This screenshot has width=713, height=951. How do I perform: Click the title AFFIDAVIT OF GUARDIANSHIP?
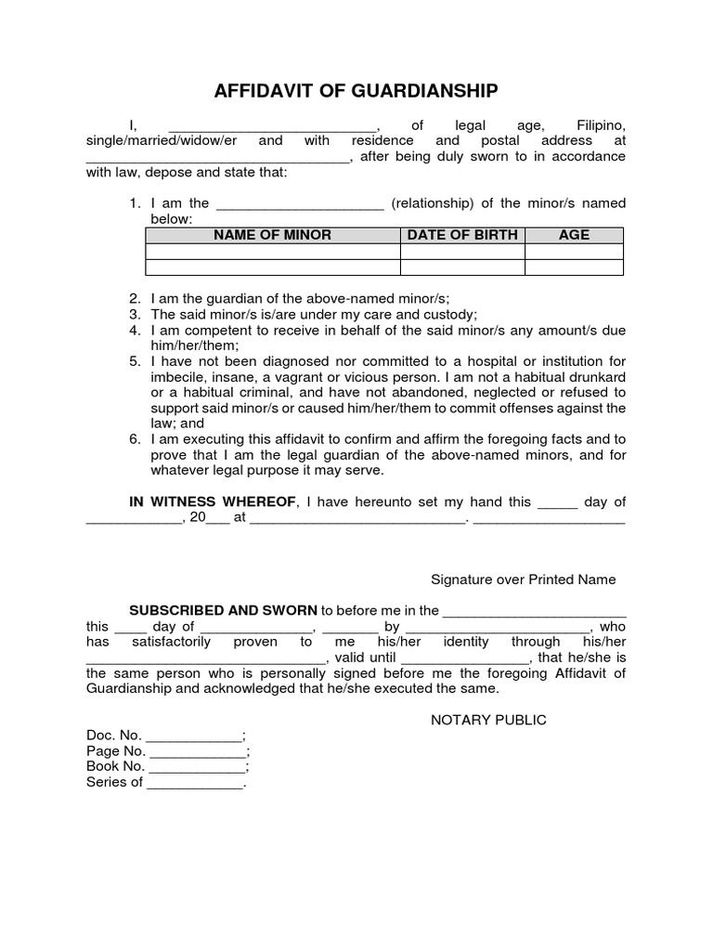click(356, 91)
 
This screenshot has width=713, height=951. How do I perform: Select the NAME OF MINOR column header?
click(272, 235)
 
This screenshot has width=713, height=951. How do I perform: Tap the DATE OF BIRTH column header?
click(462, 235)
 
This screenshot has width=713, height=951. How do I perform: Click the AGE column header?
click(574, 235)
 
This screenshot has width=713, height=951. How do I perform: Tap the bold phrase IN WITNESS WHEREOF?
click(213, 502)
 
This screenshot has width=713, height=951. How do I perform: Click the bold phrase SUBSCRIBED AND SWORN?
click(223, 610)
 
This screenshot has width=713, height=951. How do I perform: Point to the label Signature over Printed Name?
click(523, 580)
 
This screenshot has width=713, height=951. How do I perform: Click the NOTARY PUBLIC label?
click(488, 720)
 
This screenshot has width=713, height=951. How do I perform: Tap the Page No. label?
click(115, 751)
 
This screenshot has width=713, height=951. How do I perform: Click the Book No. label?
click(115, 766)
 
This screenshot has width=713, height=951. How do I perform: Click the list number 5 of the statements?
click(134, 361)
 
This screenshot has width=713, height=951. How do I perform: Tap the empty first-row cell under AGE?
click(574, 251)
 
